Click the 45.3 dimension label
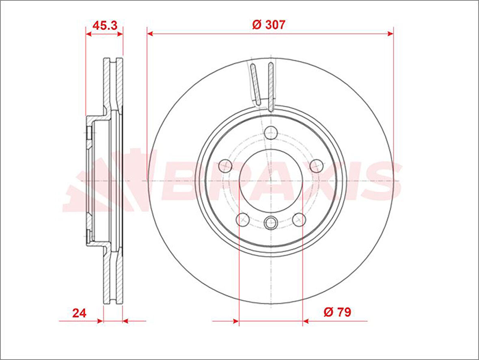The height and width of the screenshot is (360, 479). (105, 25)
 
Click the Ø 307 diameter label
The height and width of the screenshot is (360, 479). (269, 24)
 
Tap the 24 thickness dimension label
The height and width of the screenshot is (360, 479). (80, 313)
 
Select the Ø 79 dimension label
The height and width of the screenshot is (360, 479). (337, 312)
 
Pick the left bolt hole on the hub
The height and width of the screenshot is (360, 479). (225, 166)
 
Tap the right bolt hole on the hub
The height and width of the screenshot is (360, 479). (317, 166)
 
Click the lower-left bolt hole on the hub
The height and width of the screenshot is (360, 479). (243, 219)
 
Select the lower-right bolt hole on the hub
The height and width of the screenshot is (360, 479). (299, 219)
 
